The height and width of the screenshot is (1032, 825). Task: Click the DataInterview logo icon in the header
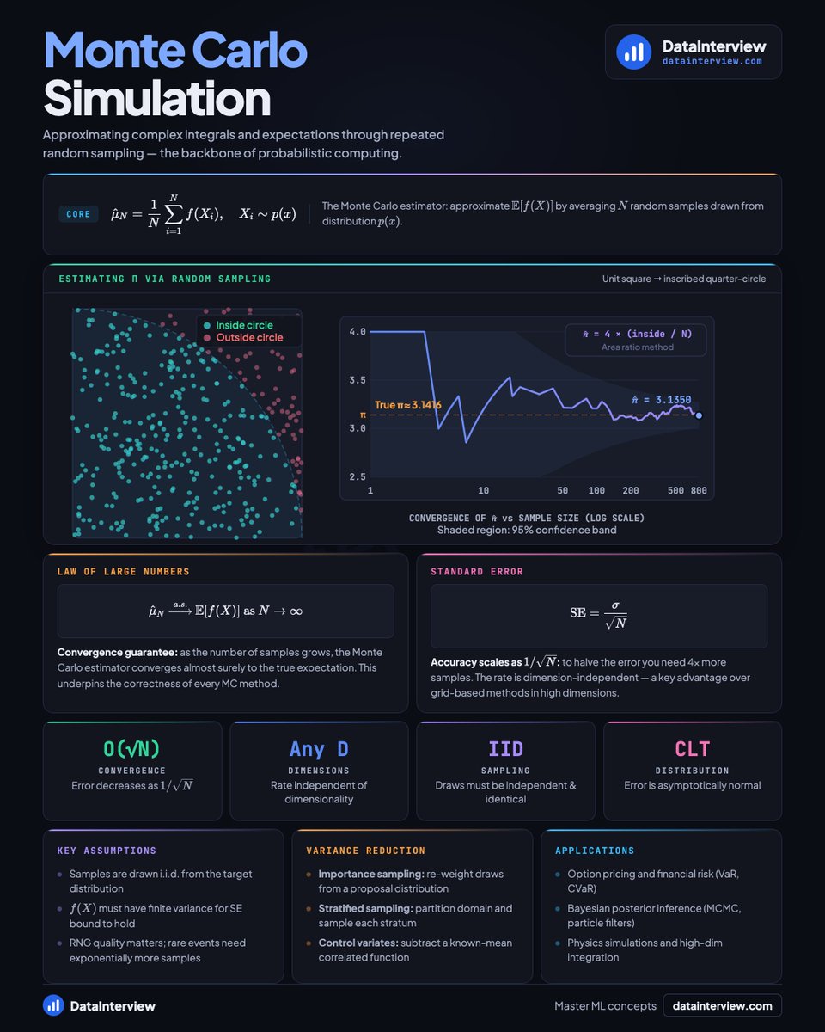pos(633,52)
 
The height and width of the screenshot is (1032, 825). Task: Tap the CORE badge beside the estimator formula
pos(78,214)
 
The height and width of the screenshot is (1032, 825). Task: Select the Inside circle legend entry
pos(240,325)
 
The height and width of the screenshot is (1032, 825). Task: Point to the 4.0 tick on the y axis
pos(357,331)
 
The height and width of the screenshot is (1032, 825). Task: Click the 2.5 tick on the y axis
pos(357,476)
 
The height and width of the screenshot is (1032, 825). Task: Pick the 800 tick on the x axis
pos(699,490)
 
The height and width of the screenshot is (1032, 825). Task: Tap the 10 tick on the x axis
pos(484,490)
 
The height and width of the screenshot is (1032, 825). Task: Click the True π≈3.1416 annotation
pos(407,404)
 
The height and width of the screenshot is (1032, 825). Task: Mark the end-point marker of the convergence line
pos(700,415)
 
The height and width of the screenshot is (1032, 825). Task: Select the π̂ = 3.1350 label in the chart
pos(661,400)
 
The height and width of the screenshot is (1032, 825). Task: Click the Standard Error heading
pos(476,571)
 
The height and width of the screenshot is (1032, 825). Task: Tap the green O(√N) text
pos(131,748)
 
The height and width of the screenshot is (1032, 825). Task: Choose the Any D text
pos(319,748)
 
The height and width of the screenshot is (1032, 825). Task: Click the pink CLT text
pos(692,748)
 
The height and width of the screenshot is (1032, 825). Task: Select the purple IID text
pos(505,748)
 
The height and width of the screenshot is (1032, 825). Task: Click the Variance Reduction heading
pos(365,851)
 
